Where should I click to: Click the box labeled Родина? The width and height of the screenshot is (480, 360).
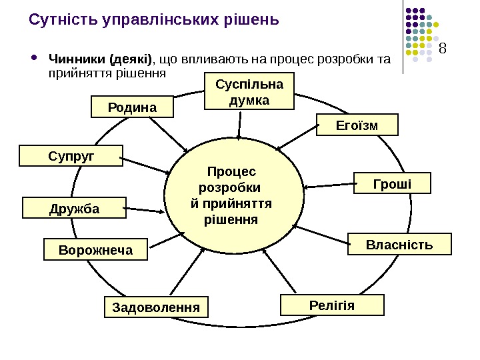(x=131, y=107)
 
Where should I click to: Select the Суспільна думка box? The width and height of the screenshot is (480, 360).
(x=249, y=93)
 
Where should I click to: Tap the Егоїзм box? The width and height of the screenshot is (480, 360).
(x=356, y=125)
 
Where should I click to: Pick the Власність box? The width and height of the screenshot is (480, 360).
(x=399, y=245)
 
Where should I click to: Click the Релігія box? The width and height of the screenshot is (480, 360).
(x=333, y=305)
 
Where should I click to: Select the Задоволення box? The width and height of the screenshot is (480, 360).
(x=156, y=308)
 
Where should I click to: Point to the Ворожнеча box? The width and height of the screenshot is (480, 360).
(x=95, y=250)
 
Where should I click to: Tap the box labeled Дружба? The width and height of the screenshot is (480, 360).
(x=74, y=208)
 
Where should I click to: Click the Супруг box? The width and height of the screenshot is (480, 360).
(x=71, y=156)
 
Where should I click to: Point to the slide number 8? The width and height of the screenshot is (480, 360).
(x=443, y=48)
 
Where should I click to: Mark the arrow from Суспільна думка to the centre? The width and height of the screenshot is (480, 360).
(x=239, y=123)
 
